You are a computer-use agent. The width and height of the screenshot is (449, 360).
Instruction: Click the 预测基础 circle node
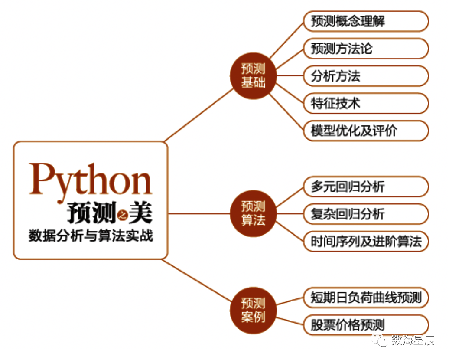point(253,76)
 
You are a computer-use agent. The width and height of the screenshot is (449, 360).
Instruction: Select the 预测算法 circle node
point(253,213)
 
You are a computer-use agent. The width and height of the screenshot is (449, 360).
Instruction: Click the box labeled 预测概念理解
point(365,22)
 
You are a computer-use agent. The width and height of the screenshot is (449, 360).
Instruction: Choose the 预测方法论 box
point(365,49)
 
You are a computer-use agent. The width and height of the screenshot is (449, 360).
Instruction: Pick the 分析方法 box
point(365,76)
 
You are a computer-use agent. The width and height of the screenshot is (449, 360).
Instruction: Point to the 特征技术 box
point(365,103)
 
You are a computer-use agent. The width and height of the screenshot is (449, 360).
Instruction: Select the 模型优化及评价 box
point(365,131)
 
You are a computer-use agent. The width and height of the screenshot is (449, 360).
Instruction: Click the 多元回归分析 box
point(365,187)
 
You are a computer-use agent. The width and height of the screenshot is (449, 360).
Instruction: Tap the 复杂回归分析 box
point(365,213)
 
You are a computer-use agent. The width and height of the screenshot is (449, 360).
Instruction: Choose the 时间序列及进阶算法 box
point(365,241)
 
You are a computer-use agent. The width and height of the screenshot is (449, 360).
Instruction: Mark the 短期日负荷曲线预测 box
point(365,298)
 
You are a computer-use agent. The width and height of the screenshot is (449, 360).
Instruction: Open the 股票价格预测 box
point(365,324)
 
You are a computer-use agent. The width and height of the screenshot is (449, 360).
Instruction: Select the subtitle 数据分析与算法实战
point(91,237)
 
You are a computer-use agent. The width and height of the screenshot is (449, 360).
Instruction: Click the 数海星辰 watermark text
point(413,341)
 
